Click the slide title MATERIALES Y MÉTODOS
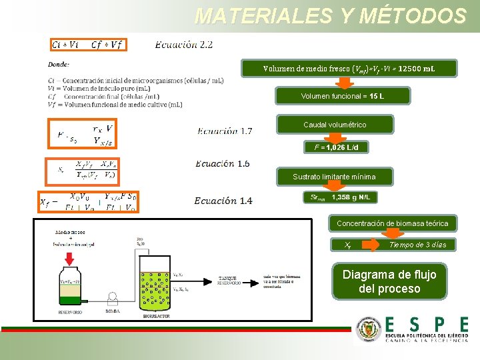330,15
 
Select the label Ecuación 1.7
225,131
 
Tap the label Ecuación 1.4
223,201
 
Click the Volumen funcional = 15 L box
342,97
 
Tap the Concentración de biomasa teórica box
392,223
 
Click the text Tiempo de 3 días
417,245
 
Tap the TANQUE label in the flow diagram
227,278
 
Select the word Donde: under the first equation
58,65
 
